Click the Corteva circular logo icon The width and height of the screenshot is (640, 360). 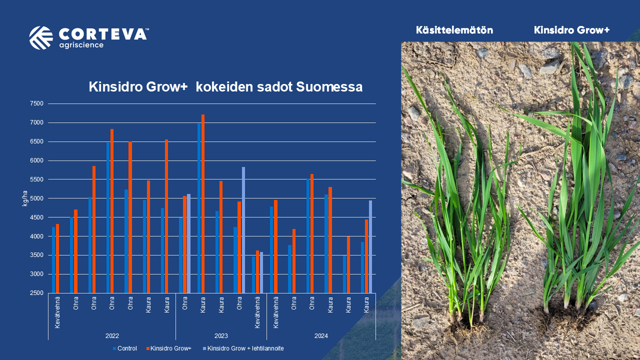point(41,37)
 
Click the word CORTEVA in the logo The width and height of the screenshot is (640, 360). point(103,34)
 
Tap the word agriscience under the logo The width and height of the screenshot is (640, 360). point(81,45)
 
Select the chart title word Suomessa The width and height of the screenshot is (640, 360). point(329,87)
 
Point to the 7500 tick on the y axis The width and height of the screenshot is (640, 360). point(36,103)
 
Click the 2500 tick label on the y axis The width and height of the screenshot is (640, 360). point(36,293)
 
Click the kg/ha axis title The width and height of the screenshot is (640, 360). point(25,198)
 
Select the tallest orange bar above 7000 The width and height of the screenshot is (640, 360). point(203,203)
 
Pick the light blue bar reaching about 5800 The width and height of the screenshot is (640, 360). point(243,230)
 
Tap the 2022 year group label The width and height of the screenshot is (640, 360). point(112,335)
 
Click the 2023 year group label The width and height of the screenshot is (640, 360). point(221,335)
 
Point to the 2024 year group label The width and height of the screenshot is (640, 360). point(321,335)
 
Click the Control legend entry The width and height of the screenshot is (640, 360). point(125,348)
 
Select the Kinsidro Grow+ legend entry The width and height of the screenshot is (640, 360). point(169,348)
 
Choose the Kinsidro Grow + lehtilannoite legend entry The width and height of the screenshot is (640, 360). point(243,348)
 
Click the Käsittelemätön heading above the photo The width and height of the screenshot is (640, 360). point(454,30)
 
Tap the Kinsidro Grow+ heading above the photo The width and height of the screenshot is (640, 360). point(571,30)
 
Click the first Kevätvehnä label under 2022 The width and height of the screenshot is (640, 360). point(57,312)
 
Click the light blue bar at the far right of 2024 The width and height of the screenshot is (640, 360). point(370,247)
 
